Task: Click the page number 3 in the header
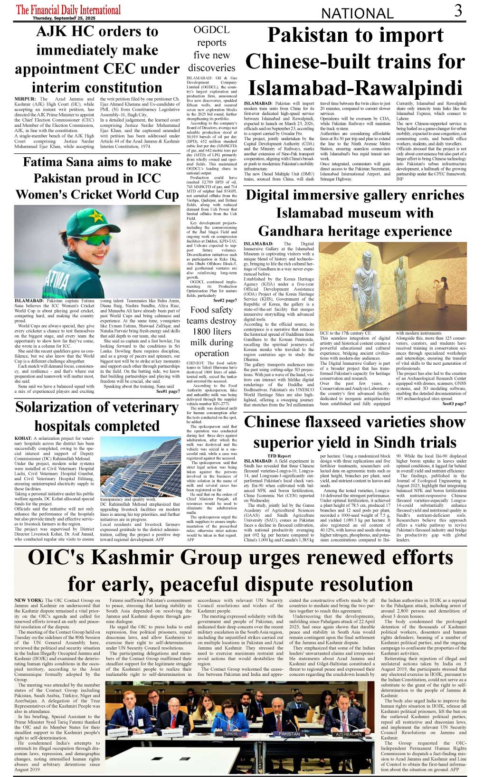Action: point(458,10)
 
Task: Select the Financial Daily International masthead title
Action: point(69,9)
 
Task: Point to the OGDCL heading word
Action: point(211,30)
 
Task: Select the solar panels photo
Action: point(141,465)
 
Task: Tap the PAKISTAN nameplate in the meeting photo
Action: point(289,734)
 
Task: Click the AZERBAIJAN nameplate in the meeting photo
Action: point(349,734)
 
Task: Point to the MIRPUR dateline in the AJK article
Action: point(25,99)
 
